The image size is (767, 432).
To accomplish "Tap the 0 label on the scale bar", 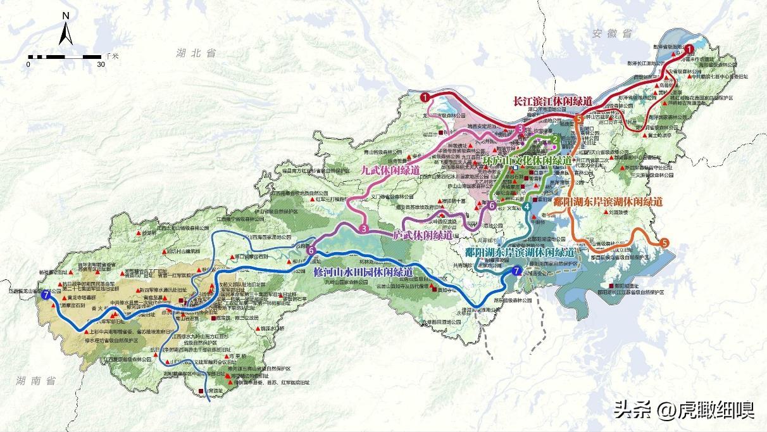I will (29, 64).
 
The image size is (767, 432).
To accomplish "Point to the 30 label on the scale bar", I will (101, 64).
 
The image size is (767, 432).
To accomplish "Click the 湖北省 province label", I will (196, 53).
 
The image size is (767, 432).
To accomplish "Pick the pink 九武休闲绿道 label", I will (390, 170).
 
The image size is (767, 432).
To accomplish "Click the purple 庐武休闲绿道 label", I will (423, 235).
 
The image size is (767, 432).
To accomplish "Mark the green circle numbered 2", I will (554, 139).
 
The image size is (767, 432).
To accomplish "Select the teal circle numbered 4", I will (527, 206).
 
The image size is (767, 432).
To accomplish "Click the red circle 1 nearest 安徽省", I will (689, 48).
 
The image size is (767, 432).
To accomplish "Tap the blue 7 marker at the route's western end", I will (45, 295).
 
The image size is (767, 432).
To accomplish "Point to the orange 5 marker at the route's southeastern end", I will (664, 243).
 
